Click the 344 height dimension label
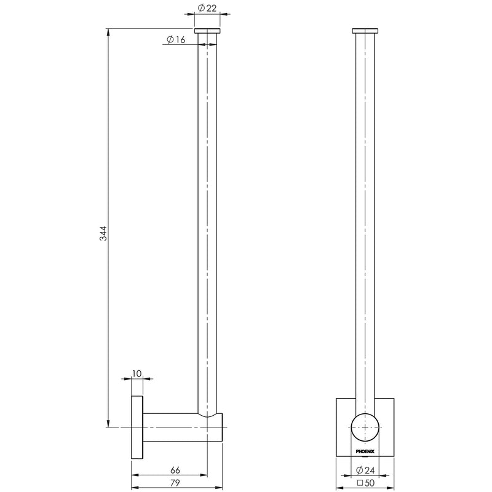coord(103,233)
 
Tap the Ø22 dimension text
coord(207,7)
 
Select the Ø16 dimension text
coord(176,39)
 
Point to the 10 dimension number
coord(137,373)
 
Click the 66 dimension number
coord(175,470)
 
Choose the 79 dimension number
coord(175,483)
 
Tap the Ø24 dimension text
coord(365,470)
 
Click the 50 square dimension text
coord(366,483)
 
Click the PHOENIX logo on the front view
coord(365,451)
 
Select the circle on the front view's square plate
coord(365,413)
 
